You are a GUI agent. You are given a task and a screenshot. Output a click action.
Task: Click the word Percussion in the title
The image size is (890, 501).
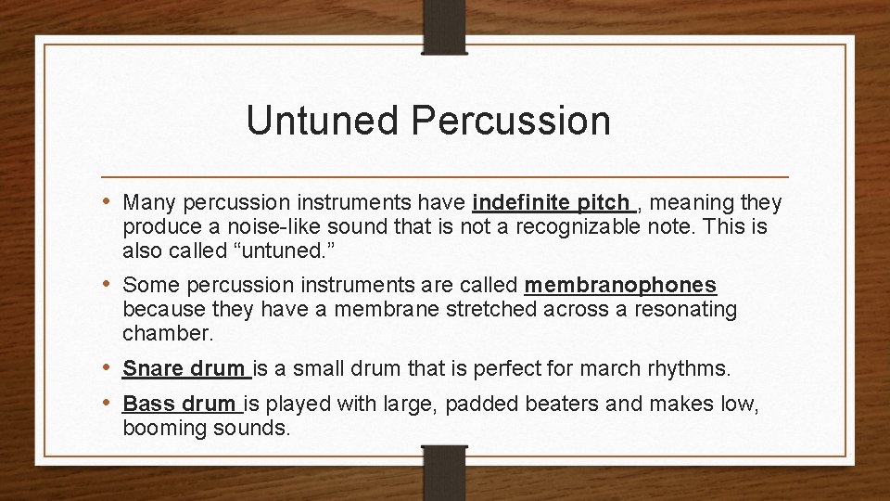[x=502, y=121]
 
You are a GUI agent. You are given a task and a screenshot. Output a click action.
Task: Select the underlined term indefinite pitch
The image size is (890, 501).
[x=553, y=202]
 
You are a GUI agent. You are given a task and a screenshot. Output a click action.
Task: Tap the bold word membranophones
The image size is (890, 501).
[x=620, y=285]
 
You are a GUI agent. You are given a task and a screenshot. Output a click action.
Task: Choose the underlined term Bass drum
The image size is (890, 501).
[x=180, y=405]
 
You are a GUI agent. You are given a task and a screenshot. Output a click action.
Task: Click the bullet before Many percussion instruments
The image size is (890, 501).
[x=110, y=202]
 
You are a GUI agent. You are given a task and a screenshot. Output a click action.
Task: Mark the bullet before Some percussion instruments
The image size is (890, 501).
[x=110, y=285]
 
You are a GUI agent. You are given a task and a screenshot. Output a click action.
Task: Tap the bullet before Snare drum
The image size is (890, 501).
[x=110, y=368]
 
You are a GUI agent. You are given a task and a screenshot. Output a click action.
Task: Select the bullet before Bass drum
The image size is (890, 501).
[x=110, y=405]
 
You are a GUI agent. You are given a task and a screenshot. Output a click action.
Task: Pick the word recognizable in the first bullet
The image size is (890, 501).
[x=580, y=227]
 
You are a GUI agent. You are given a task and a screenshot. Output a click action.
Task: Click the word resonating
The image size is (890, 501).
[x=685, y=309]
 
